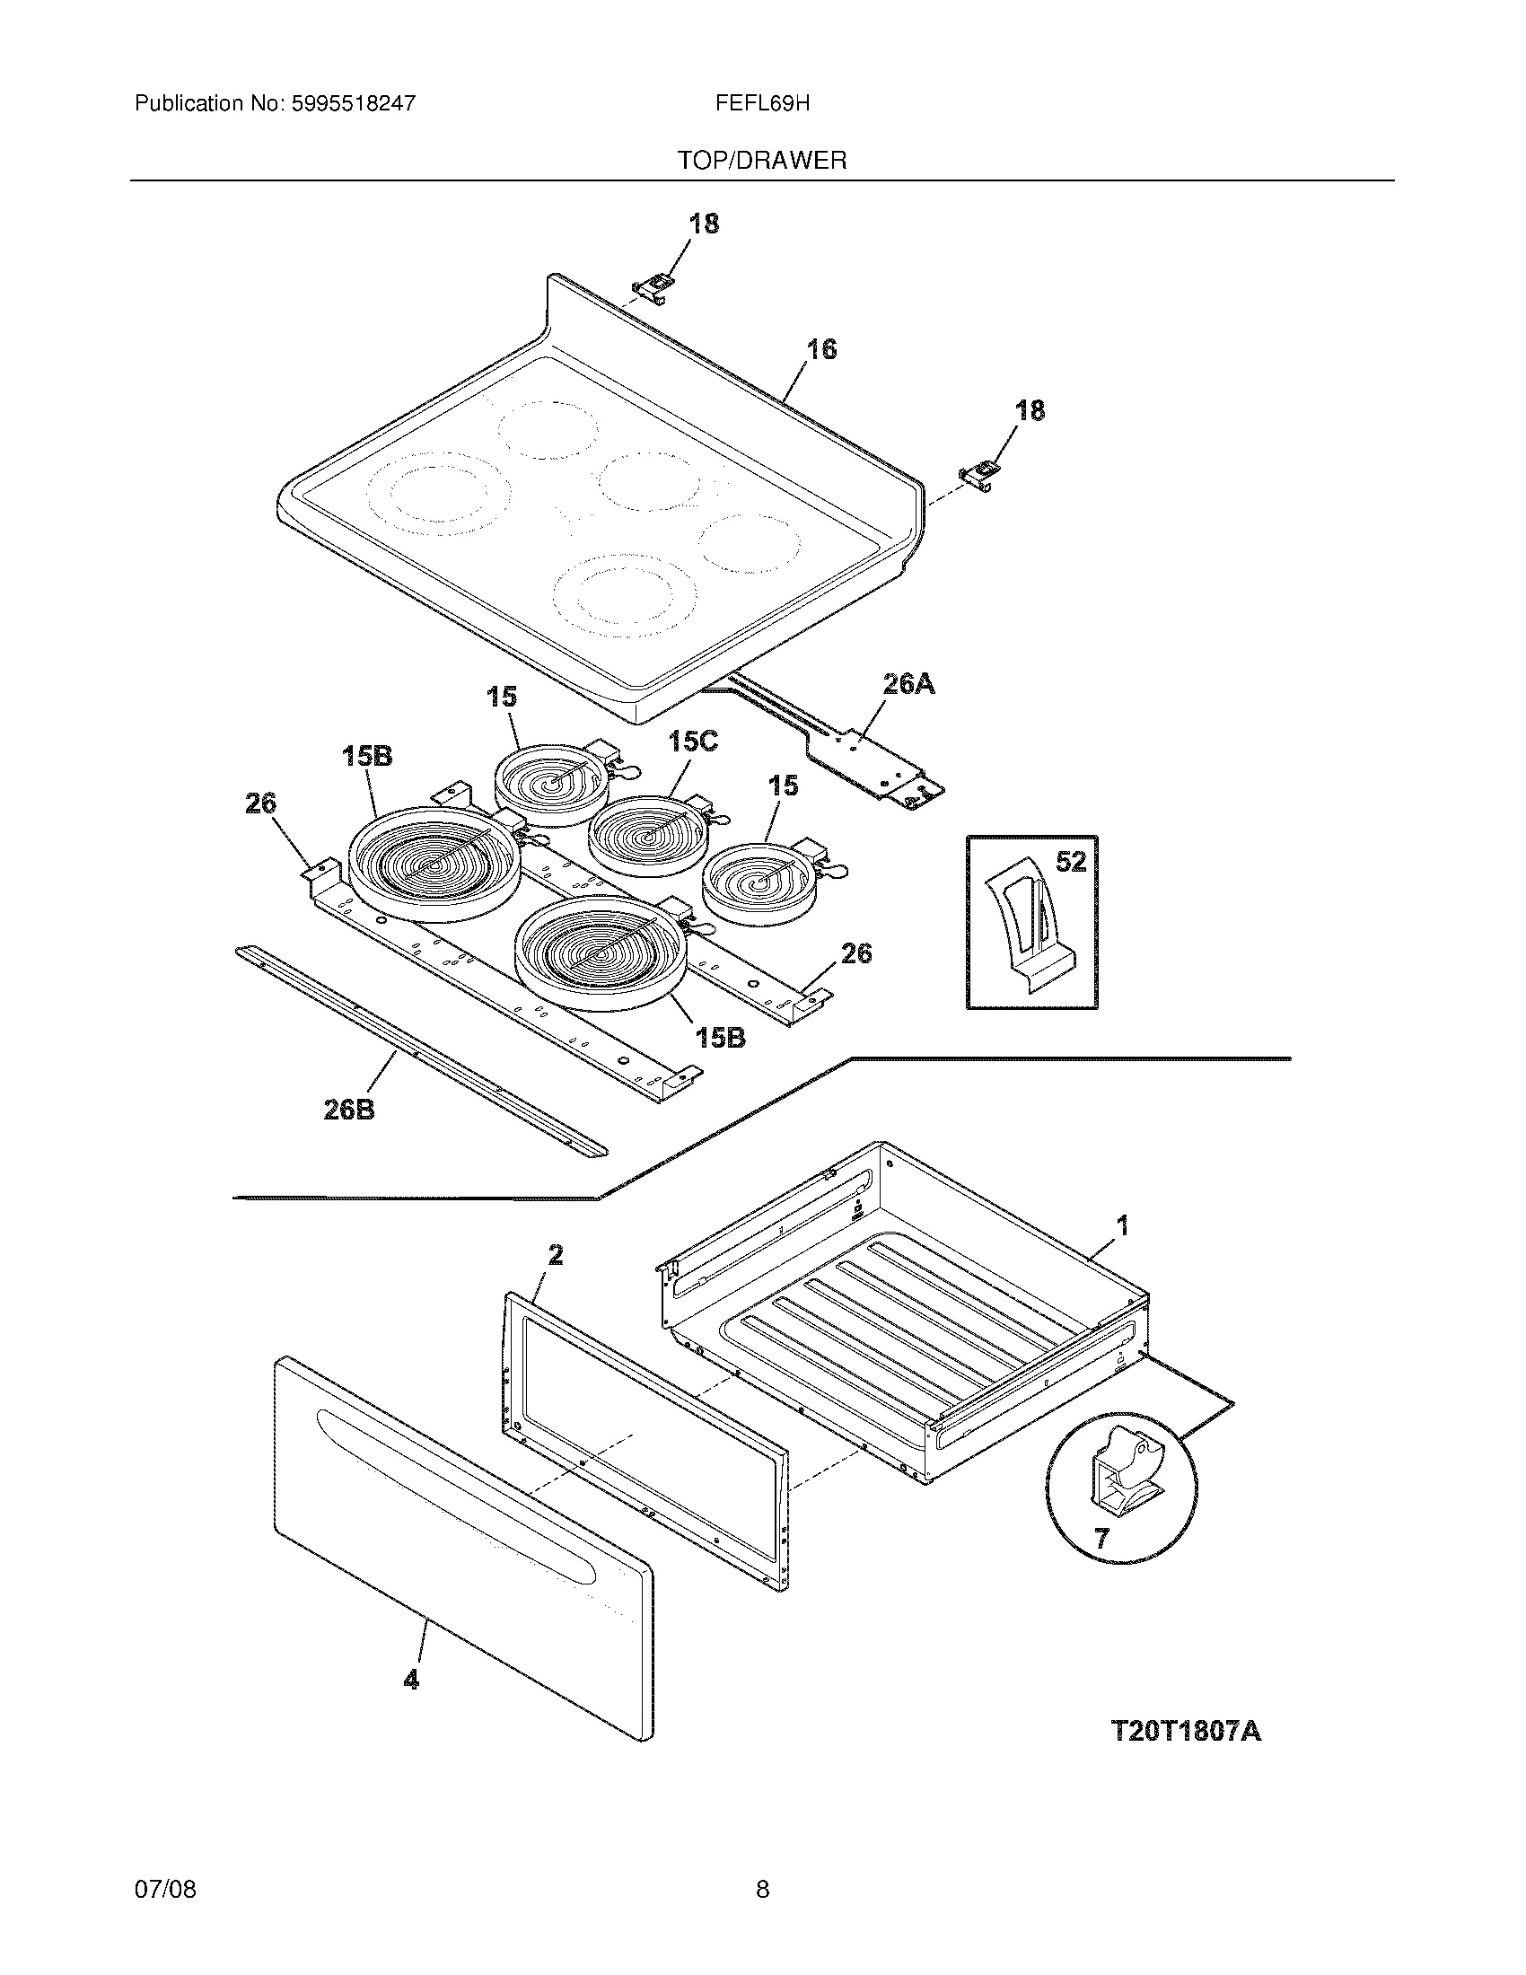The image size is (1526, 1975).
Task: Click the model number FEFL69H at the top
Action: click(762, 104)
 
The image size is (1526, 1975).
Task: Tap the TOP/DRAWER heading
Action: click(762, 161)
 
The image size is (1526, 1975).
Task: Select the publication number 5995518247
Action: click(354, 104)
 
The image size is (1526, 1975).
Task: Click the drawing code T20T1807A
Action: click(1185, 1731)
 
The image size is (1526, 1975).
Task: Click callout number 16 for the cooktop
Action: click(820, 348)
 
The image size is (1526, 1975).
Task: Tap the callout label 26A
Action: click(908, 685)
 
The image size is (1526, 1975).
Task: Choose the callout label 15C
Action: click(692, 742)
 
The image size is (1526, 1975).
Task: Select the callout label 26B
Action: click(349, 1110)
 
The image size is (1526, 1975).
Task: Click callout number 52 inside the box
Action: click(1070, 862)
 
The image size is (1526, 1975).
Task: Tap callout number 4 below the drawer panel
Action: click(411, 1680)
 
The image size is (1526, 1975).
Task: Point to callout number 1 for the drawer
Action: click(1122, 1226)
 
